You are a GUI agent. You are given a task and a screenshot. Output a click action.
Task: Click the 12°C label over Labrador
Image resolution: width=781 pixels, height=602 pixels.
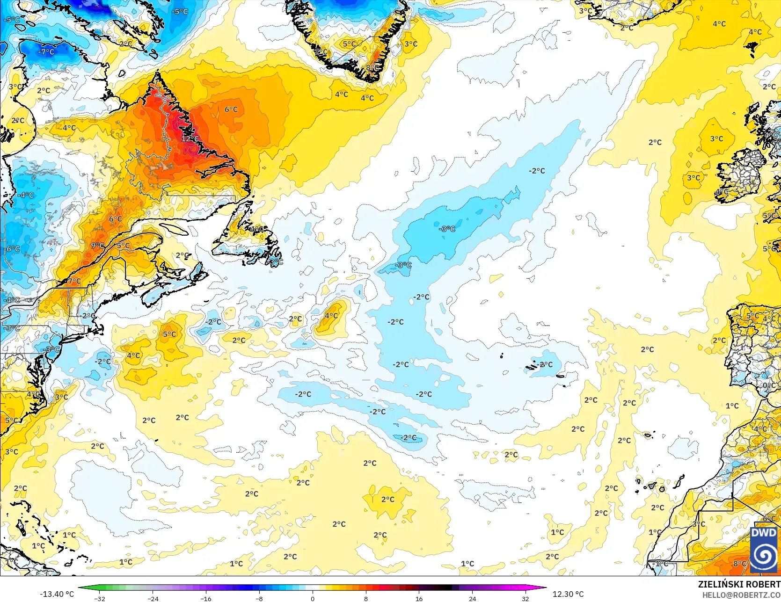pos(190,139)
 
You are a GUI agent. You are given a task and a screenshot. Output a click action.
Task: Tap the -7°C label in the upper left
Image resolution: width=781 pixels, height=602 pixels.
pos(46,52)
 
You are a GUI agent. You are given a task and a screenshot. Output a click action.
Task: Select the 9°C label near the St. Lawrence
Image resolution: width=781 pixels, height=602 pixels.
pos(97,246)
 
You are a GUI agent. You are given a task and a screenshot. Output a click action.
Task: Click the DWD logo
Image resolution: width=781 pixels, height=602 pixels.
pos(764,550)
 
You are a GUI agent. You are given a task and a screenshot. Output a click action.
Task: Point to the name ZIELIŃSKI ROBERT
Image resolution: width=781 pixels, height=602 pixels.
pos(739,584)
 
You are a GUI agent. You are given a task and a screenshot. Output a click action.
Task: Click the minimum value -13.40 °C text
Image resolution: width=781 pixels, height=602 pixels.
pos(57,594)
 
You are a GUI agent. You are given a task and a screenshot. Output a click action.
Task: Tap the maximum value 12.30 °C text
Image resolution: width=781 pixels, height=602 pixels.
pos(568,594)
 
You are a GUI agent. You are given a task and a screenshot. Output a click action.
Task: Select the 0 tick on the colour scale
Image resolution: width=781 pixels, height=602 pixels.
pos(313,598)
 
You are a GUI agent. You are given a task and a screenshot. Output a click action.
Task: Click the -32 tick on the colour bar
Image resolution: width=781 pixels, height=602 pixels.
pos(100,598)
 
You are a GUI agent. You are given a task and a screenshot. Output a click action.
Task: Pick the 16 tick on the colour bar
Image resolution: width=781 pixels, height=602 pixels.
pos(419,598)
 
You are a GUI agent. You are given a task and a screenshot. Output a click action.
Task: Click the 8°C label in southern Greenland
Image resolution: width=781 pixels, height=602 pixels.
pos(372,68)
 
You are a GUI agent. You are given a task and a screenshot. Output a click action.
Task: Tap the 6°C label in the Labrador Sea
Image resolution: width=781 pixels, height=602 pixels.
pos(231,109)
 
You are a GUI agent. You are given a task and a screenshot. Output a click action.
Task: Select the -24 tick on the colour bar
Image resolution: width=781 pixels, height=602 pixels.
pos(153,598)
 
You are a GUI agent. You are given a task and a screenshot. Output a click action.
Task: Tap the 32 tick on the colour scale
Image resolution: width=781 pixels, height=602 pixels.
pos(526,598)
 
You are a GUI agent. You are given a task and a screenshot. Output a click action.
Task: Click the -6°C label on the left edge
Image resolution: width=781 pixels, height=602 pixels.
pos(13,249)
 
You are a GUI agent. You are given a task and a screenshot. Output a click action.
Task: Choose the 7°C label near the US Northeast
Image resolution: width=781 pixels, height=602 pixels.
pos(74,282)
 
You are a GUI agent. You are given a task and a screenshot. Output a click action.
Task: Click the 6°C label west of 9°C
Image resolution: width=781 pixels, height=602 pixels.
pos(115,219)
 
